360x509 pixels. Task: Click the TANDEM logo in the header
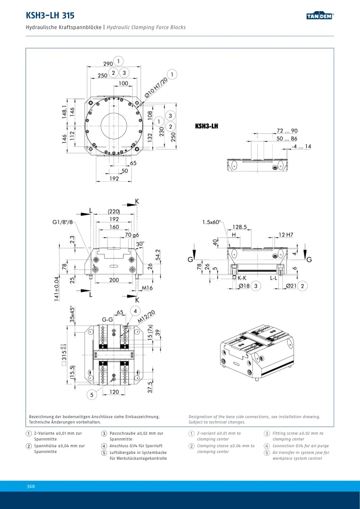320,16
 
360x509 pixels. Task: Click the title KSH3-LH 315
50,15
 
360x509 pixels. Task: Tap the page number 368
30,486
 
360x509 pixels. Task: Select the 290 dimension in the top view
108,64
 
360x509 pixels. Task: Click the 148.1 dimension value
64,111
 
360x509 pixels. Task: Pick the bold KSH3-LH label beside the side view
206,126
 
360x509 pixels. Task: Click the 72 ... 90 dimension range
287,131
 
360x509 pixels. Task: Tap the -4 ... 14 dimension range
301,146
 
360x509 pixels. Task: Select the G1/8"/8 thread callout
63,222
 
